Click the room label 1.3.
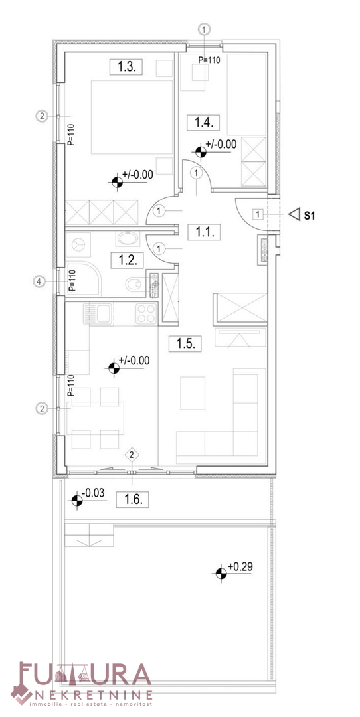click(x=126, y=68)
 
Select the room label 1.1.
click(x=205, y=232)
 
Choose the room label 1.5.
click(x=185, y=343)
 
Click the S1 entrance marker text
click(x=310, y=215)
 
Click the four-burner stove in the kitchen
click(x=146, y=313)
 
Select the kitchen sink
click(x=98, y=313)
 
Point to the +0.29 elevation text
click(x=240, y=567)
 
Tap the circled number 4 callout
click(x=40, y=282)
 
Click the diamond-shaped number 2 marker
click(x=132, y=455)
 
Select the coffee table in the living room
click(x=193, y=393)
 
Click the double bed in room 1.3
click(x=132, y=117)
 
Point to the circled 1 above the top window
click(x=205, y=30)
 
